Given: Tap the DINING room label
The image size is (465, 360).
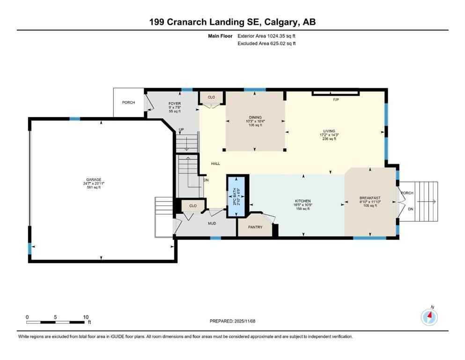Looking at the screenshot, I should click(255, 118).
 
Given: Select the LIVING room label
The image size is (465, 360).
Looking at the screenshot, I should click(329, 132).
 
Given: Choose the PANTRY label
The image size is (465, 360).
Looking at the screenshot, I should click(256, 227).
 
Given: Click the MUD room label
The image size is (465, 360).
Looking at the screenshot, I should click(213, 224).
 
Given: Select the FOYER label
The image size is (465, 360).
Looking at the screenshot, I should click(175, 104).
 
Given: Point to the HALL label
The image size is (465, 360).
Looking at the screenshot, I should click(215, 164).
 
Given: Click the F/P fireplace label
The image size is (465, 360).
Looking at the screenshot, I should click(336, 100).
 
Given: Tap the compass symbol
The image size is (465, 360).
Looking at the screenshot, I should click(429, 317).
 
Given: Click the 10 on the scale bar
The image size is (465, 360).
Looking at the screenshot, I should click(86, 317).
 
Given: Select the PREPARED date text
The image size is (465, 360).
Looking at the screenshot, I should click(232, 321).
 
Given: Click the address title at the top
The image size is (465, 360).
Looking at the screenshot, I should click(232, 22).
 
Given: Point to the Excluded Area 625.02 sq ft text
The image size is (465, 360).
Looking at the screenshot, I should click(266, 44).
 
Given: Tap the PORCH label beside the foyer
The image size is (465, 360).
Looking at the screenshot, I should click(128, 102).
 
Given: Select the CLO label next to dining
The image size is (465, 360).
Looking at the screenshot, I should click(211, 97).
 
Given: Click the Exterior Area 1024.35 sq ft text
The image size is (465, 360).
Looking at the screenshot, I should click(267, 36).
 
